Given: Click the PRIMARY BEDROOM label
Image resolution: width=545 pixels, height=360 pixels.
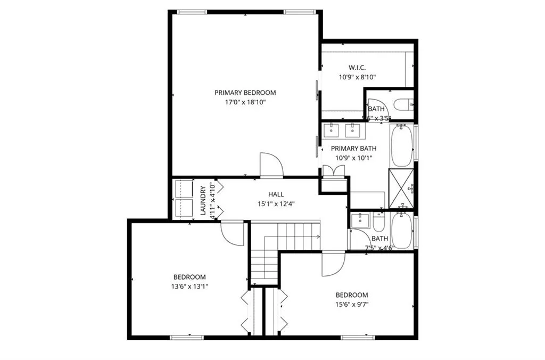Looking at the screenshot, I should pyautogui.click(x=245, y=93).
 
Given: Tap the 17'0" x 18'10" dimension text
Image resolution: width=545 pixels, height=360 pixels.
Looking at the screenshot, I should pyautogui.click(x=245, y=102).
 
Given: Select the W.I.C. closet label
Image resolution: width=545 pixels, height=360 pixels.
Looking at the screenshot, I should pyautogui.click(x=357, y=68).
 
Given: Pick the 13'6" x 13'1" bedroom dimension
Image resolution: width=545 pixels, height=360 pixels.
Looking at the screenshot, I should pyautogui.click(x=189, y=286).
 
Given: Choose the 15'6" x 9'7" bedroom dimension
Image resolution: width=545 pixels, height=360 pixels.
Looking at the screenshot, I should pyautogui.click(x=351, y=305).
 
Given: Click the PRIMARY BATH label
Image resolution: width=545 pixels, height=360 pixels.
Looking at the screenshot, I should pyautogui.click(x=354, y=149).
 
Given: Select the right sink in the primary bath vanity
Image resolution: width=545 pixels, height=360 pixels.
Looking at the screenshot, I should pyautogui.click(x=351, y=129).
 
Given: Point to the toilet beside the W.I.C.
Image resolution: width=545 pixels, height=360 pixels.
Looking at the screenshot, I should pyautogui.click(x=402, y=104).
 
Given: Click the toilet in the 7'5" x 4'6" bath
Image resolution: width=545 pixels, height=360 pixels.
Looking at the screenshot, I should pyautogui.click(x=378, y=221).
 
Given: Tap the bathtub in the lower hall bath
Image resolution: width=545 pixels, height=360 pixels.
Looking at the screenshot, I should pyautogui.click(x=401, y=230).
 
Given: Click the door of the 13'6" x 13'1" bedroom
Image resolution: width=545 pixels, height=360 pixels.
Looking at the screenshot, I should pyautogui.click(x=233, y=233).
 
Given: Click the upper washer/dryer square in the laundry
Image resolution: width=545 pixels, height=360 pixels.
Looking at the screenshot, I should pyautogui.click(x=184, y=189).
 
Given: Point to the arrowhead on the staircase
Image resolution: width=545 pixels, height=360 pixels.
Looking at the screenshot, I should pyautogui.click(x=318, y=236).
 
